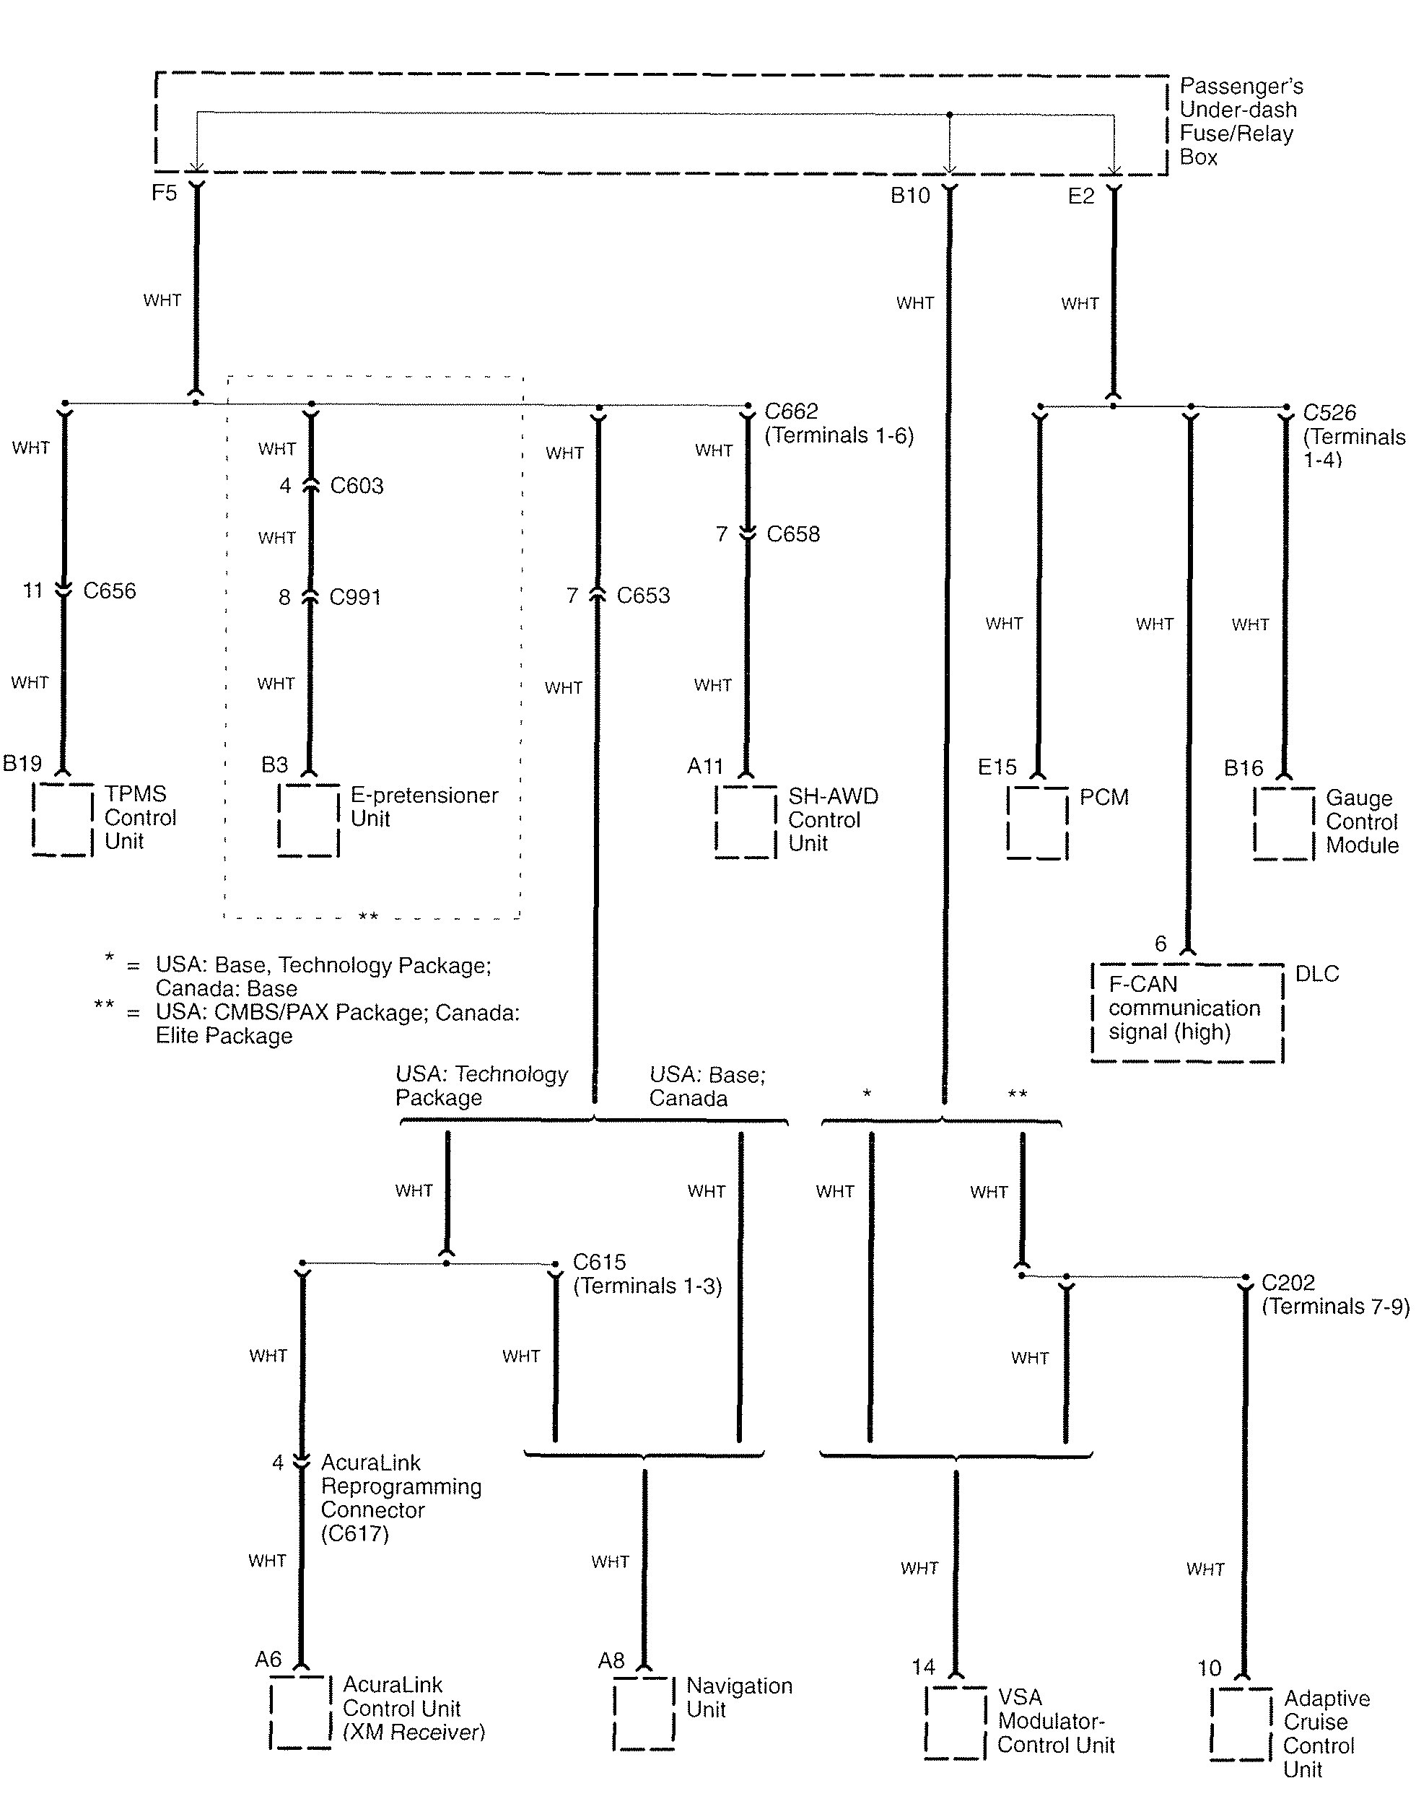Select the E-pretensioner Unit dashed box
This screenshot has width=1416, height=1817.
tap(309, 820)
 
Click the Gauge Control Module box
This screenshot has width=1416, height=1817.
tap(1285, 823)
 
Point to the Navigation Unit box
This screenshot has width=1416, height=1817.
tap(644, 1714)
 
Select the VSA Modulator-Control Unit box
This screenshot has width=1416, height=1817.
tap(956, 1722)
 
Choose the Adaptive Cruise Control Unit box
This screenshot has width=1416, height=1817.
tap(1242, 1724)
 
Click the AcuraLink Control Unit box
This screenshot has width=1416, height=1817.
tap(301, 1712)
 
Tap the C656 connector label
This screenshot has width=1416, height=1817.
tap(110, 591)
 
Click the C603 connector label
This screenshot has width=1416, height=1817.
tap(357, 486)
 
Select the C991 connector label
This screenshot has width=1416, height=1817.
tap(355, 597)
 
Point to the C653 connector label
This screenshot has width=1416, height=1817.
tap(643, 596)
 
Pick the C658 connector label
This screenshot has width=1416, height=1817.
tap(793, 534)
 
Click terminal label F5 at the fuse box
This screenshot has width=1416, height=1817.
tap(164, 193)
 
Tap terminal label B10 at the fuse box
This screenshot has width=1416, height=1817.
tap(910, 196)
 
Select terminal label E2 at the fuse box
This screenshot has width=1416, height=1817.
tap(1082, 196)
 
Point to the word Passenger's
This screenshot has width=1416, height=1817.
tap(1241, 87)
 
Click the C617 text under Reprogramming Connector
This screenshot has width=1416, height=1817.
tap(355, 1533)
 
